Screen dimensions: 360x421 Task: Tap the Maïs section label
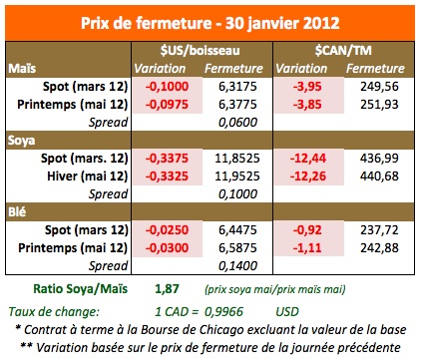point(22,68)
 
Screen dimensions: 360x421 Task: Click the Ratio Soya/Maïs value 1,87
point(167,288)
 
